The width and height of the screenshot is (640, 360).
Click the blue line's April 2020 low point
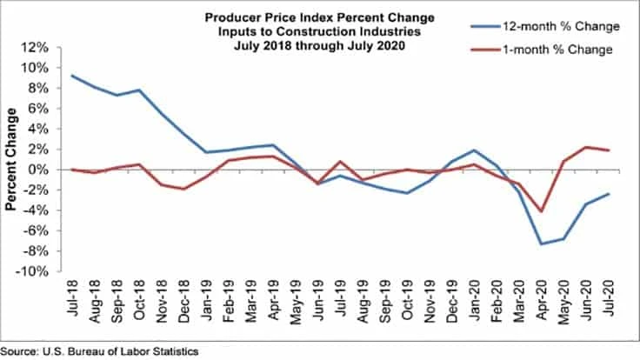[541, 243]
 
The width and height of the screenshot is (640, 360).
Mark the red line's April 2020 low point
[541, 210]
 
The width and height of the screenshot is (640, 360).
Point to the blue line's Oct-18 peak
[139, 90]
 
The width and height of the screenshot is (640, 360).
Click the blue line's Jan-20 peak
[473, 150]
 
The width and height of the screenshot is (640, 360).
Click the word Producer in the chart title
[232, 17]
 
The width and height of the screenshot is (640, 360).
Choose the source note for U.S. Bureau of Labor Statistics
[99, 351]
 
